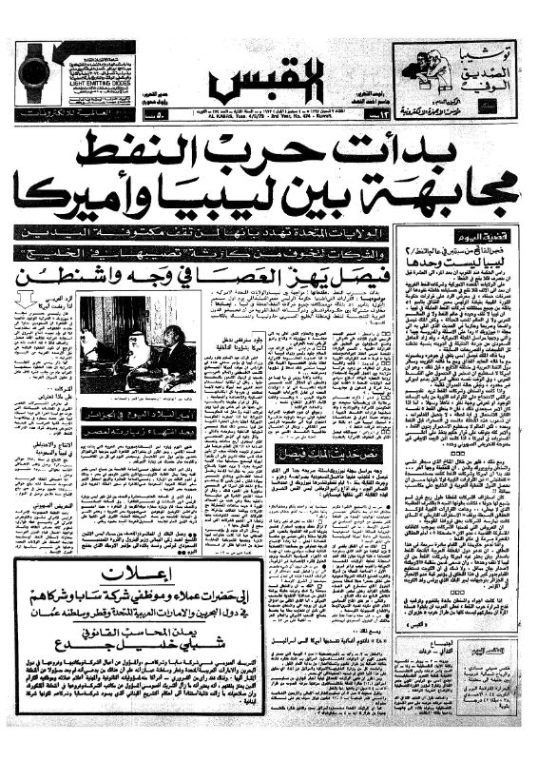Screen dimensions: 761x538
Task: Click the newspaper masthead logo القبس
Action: tap(270, 83)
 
